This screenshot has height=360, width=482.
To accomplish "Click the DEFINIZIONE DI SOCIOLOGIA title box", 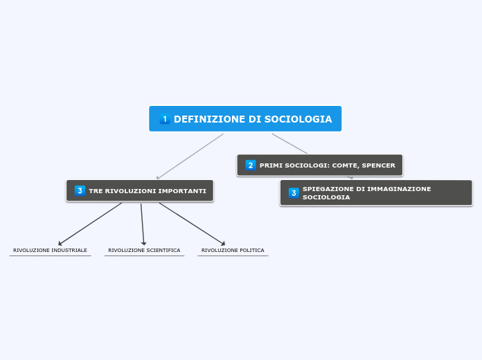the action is pos(245,118).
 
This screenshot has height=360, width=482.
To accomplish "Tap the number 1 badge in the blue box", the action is pos(165,119).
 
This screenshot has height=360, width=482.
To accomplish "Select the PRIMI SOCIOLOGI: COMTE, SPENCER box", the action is pos(319,165).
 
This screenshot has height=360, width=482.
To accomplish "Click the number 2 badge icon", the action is pos(251,165).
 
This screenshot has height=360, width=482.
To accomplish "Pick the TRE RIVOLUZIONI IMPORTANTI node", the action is pos(140,190).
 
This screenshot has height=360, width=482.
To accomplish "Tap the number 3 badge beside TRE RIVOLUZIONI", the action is pos(80,190).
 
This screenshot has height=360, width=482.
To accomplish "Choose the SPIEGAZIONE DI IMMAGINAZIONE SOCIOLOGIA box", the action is pos(376,192).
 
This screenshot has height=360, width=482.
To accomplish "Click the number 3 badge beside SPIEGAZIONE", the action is pos(294,193).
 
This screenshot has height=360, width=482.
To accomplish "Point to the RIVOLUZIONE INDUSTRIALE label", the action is pos(50,250).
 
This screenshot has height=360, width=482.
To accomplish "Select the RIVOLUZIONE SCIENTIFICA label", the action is pos(144,250).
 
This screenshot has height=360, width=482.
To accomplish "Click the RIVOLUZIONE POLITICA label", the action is pos(233,250).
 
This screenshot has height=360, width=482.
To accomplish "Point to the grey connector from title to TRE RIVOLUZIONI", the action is pos(190,156).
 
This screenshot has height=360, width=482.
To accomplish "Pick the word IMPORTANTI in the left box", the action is pos(183,190).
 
